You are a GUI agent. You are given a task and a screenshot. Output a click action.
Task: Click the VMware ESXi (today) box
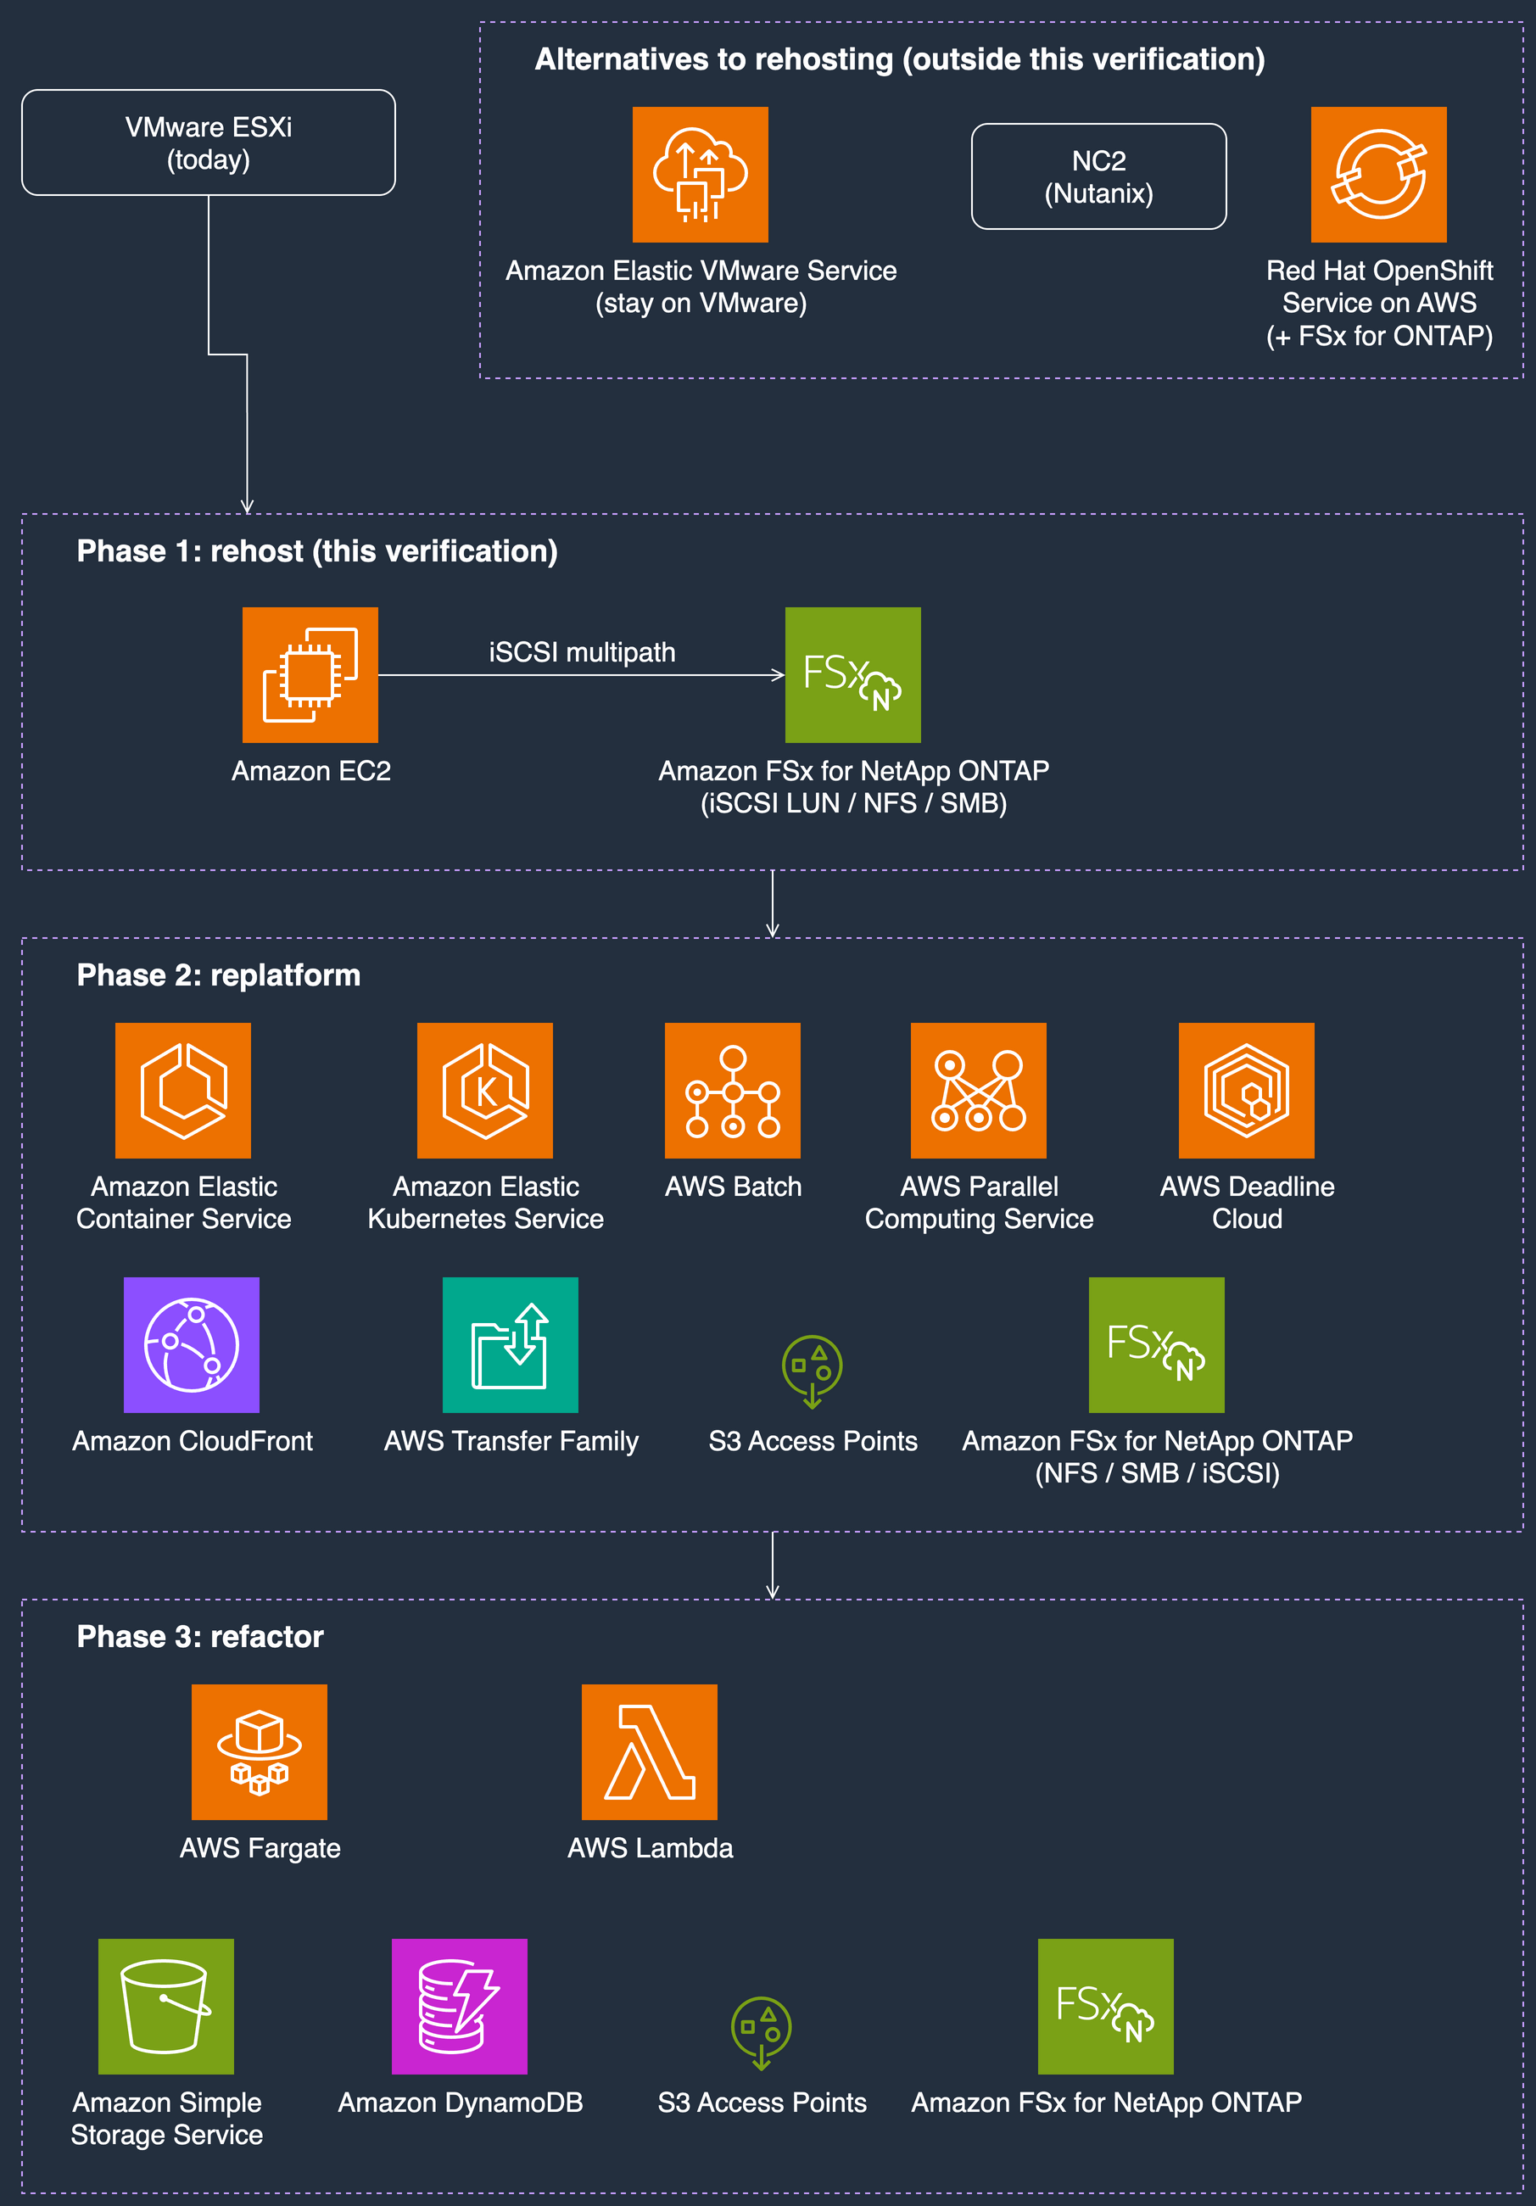coord(209,142)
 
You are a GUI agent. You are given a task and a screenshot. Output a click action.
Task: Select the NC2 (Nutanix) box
coord(1099,176)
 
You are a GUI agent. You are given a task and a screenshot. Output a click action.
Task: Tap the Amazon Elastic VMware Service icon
coord(701,175)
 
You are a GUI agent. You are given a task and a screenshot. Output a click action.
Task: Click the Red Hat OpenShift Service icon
coord(1378,175)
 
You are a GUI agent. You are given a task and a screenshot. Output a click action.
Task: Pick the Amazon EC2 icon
coord(310,674)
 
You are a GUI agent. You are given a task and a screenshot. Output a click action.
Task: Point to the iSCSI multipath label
coord(582,652)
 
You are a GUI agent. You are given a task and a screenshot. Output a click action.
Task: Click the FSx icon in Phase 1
coord(853,674)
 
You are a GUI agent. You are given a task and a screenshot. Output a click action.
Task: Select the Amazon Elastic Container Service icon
coord(183,1091)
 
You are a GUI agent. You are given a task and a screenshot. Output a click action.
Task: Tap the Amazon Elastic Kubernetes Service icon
coord(485,1091)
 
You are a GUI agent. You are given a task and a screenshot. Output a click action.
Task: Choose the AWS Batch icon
coord(733,1091)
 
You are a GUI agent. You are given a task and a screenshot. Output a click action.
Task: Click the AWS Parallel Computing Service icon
coord(979,1091)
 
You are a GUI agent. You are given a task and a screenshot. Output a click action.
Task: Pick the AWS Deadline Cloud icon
coord(1247,1091)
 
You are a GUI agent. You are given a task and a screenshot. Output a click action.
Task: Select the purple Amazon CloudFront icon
coord(193,1345)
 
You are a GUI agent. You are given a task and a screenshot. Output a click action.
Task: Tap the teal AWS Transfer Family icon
coord(510,1345)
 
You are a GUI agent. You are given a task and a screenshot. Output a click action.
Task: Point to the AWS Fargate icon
coord(260,1751)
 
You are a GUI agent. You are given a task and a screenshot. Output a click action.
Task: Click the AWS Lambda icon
coord(650,1751)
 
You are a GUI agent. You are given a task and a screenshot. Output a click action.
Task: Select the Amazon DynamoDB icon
coord(459,2006)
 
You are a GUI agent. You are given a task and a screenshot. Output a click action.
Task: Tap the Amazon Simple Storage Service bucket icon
coord(166,2006)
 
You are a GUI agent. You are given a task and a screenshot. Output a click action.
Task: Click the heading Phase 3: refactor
coord(200,1636)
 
